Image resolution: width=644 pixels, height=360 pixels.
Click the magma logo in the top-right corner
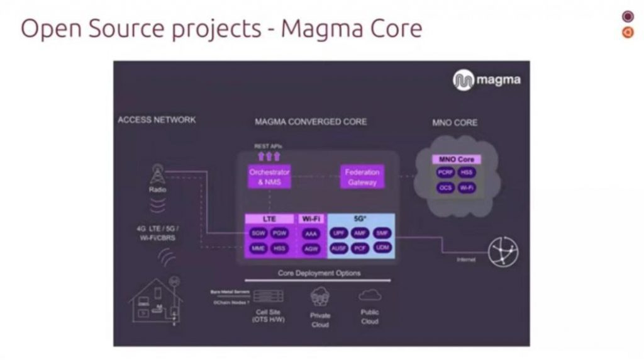[x=486, y=81]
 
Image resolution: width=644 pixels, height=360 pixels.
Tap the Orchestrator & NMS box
[x=269, y=176]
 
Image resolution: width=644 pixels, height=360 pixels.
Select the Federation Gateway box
[x=363, y=176]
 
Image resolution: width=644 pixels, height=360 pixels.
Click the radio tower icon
[x=157, y=174]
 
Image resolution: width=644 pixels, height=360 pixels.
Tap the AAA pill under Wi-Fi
[x=311, y=233]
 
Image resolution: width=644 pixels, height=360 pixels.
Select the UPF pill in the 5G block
[x=339, y=233]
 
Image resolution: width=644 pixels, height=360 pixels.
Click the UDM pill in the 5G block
[x=382, y=248]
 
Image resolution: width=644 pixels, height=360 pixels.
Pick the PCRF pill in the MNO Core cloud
[x=445, y=172]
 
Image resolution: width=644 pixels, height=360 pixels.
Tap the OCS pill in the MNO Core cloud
[x=445, y=188]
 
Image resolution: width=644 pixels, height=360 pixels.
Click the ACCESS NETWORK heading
[x=157, y=120]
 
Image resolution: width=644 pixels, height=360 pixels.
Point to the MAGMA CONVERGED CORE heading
[x=311, y=121]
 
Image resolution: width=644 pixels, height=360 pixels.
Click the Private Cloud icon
[x=320, y=296]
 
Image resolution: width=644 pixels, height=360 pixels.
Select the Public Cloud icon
[x=369, y=295]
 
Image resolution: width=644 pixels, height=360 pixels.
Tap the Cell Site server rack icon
[x=268, y=296]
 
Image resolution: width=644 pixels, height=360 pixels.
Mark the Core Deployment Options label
[x=319, y=273]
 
